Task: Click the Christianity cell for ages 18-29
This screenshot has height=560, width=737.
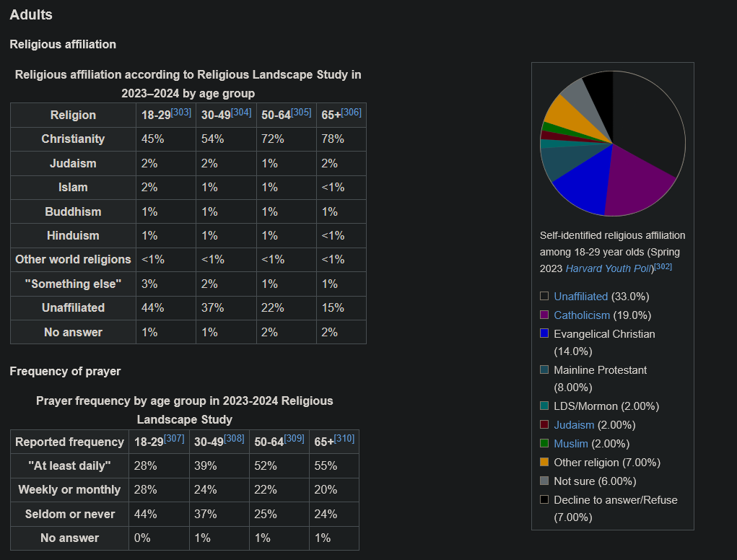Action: pos(153,139)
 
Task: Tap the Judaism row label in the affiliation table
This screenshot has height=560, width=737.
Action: pos(73,163)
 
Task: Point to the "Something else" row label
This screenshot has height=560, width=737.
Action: pos(73,284)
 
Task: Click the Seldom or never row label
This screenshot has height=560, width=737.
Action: pos(69,514)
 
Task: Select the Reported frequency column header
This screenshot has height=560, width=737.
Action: pos(69,442)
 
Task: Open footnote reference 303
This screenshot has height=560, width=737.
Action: pos(181,113)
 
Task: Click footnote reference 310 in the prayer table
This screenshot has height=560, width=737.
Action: pos(344,439)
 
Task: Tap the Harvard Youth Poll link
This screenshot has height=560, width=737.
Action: pos(608,268)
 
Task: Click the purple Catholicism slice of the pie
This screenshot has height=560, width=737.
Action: pos(635,184)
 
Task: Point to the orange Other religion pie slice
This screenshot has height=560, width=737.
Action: pos(559,112)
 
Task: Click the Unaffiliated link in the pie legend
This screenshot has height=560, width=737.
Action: pos(581,297)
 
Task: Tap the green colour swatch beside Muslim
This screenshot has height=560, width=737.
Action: pos(544,444)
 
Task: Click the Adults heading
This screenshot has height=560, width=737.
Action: pos(31,14)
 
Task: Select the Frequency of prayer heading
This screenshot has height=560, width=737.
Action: pos(65,372)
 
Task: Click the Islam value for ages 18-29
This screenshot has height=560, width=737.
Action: pos(149,187)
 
